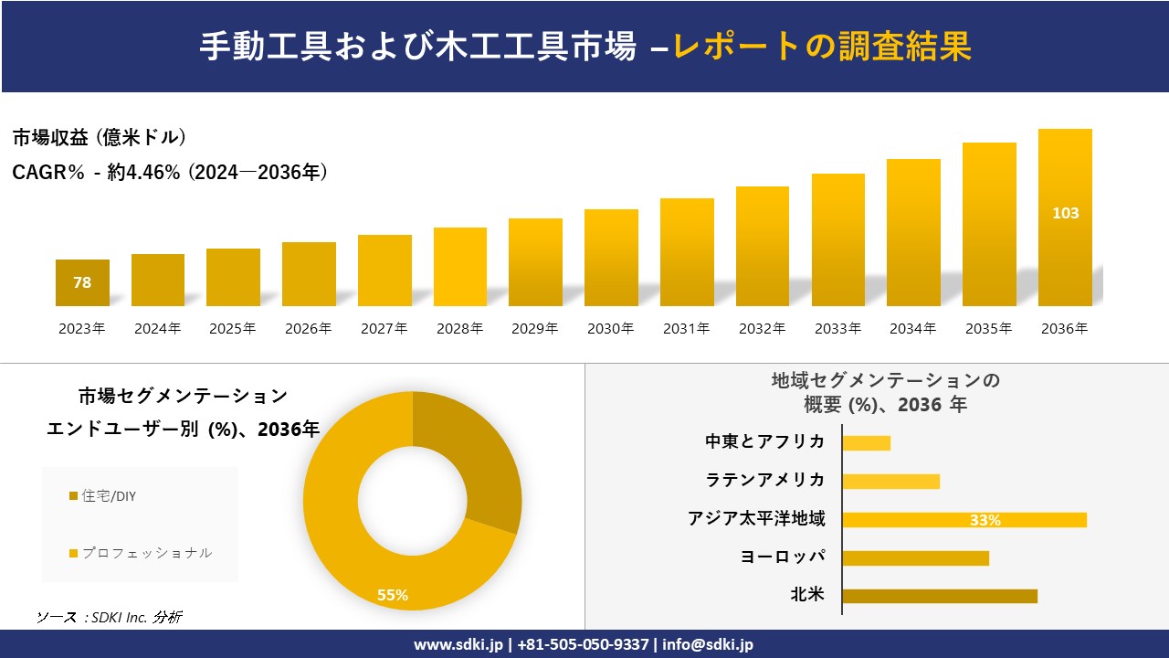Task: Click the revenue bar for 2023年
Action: point(82,283)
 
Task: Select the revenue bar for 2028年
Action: point(460,267)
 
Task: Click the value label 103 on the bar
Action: point(1065,213)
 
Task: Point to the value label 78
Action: point(82,283)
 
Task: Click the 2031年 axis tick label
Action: point(686,329)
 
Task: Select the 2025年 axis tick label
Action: point(233,329)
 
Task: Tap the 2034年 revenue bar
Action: point(913,233)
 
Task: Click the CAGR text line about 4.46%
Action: point(170,172)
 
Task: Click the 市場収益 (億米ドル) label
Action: point(100,138)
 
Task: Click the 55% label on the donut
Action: point(393,596)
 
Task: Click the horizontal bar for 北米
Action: point(939,596)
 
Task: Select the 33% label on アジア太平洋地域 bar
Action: point(985,520)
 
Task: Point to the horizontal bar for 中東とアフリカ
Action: point(866,443)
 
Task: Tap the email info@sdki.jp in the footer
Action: point(708,644)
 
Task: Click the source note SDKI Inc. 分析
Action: point(110,618)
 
